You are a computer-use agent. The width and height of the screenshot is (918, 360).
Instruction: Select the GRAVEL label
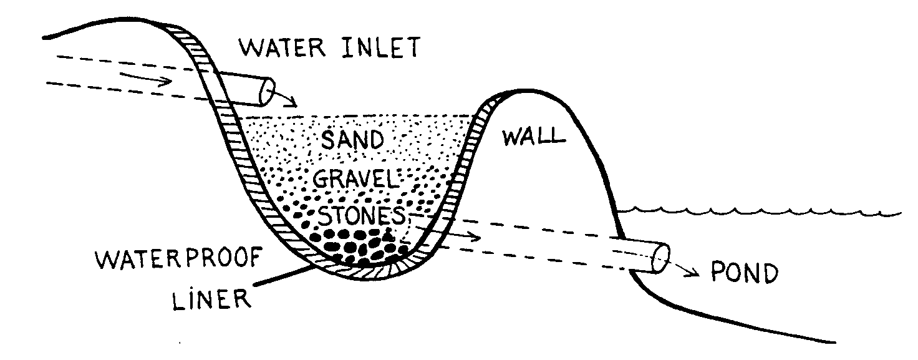(355, 180)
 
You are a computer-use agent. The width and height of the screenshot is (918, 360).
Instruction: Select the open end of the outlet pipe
(660, 258)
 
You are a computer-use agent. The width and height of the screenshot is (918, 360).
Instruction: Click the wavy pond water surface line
(761, 212)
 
